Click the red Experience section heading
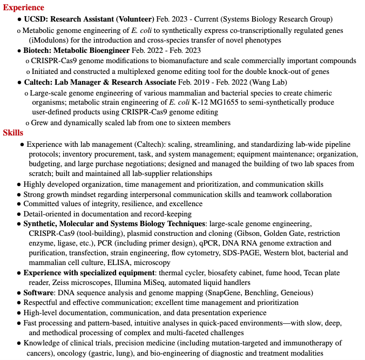pyautogui.click(x=24, y=8)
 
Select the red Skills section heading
pyautogui.click(x=13, y=133)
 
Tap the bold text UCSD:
pyautogui.click(x=36, y=19)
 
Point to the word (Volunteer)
pyautogui.click(x=135, y=19)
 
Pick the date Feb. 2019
pyautogui.click(x=194, y=82)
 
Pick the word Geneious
pyautogui.click(x=295, y=293)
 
